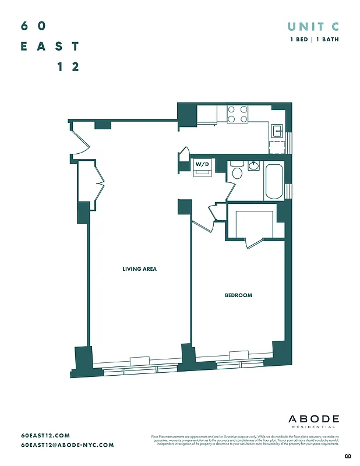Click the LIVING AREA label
coord(140,269)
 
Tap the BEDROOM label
coord(239,295)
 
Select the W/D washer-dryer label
coord(202,165)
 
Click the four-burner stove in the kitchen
coord(238,114)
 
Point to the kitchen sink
coord(278,130)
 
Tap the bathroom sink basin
coord(254,166)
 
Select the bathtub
coord(274,182)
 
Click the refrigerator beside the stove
coord(207,114)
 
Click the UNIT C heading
coord(313,26)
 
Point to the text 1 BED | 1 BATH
coord(315,40)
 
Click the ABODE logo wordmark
coord(314,419)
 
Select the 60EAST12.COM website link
coord(45,435)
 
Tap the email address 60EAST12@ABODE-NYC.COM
coord(68,445)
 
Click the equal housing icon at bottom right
coord(347,454)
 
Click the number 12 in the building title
coord(68,66)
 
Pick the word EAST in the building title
coord(50,46)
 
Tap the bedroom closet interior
coord(254,225)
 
